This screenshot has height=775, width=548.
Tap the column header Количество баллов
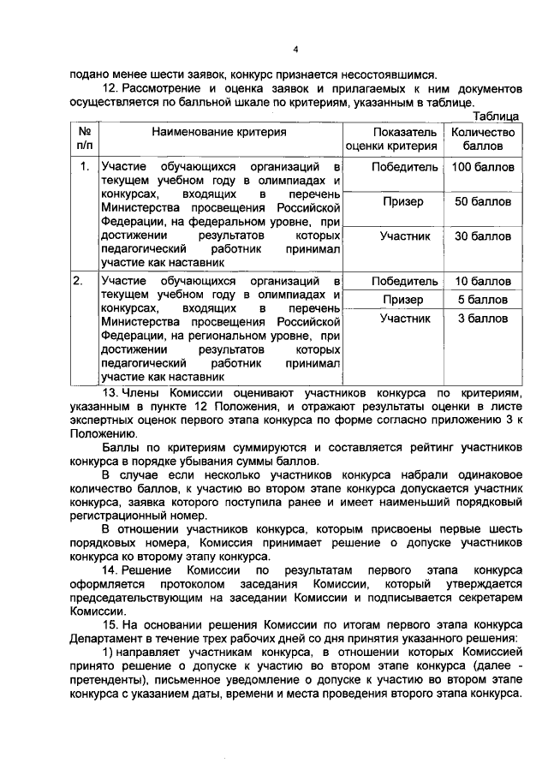click(x=483, y=139)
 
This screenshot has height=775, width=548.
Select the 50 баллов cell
click(x=483, y=201)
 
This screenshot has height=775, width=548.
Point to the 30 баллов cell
click(x=483, y=235)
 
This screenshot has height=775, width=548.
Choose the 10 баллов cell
click(x=483, y=281)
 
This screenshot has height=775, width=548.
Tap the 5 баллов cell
click(x=483, y=300)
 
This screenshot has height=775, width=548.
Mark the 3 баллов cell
click(x=483, y=319)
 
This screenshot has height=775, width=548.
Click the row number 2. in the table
click(x=79, y=281)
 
